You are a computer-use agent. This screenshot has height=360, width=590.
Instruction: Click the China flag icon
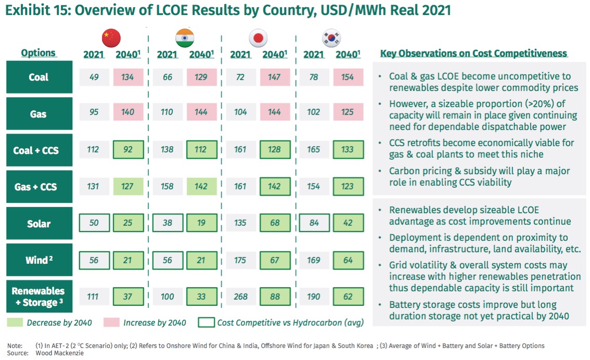tap(111, 37)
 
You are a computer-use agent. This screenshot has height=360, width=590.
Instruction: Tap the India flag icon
tap(184, 37)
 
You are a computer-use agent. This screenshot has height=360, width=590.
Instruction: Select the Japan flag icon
tap(259, 37)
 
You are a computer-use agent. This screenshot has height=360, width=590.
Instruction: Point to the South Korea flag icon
tap(332, 37)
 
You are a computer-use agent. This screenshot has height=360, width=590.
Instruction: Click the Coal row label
tap(39, 77)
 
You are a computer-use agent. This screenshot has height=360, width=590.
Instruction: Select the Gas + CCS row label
tap(39, 186)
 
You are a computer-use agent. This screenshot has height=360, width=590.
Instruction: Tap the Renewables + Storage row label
tap(39, 297)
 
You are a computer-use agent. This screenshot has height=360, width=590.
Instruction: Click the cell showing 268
tap(241, 297)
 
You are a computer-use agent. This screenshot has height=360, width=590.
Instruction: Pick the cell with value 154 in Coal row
tap(348, 77)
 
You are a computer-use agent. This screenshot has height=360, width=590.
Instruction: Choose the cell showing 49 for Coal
tap(94, 77)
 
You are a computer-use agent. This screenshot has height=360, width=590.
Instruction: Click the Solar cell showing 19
tap(201, 223)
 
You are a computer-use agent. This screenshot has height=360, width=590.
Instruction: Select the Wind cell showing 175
tap(241, 260)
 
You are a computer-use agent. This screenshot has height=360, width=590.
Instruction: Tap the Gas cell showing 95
tap(94, 112)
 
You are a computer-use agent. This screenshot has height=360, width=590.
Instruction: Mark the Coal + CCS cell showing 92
tap(128, 150)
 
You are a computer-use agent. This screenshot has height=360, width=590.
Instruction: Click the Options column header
tap(39, 53)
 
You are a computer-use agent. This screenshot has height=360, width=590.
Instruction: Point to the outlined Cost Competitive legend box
tap(206, 323)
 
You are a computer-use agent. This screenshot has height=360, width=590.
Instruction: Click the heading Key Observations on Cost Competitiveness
tap(473, 54)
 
